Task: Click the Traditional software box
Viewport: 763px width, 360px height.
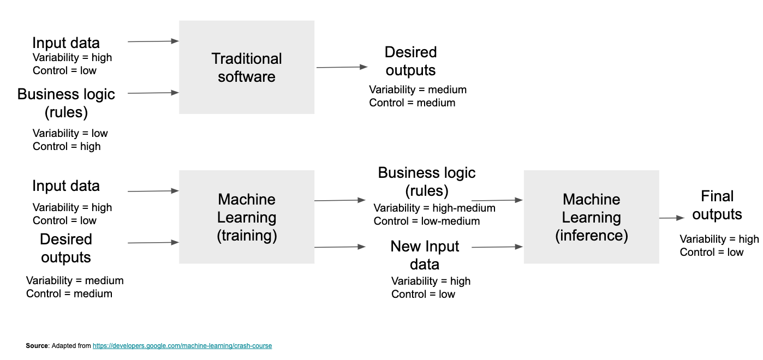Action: click(x=247, y=67)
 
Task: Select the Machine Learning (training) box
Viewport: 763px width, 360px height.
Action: click(x=247, y=217)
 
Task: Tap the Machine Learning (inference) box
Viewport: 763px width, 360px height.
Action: click(x=591, y=217)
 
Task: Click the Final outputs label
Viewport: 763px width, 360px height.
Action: click(x=717, y=205)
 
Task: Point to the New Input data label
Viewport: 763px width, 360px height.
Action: click(x=425, y=255)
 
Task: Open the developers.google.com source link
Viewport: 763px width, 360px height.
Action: click(x=182, y=346)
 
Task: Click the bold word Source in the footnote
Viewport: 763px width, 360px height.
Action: click(x=37, y=346)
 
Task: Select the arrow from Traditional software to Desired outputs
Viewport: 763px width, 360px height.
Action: click(x=342, y=67)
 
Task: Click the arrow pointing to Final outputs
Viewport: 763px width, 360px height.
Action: click(x=671, y=218)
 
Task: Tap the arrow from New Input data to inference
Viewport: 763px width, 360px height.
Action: click(x=497, y=247)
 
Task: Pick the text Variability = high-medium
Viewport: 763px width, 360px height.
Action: click(x=434, y=208)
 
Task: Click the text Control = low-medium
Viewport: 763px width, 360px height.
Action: click(x=427, y=221)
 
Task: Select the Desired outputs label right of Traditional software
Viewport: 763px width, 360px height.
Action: click(x=410, y=61)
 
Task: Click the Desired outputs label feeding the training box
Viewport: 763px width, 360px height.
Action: click(x=66, y=248)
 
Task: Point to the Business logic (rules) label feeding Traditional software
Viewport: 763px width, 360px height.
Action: click(x=66, y=103)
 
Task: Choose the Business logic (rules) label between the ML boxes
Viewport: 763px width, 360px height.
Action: click(x=427, y=182)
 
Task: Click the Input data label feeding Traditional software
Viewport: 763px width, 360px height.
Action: click(x=66, y=43)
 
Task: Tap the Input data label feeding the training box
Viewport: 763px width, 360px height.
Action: click(x=66, y=186)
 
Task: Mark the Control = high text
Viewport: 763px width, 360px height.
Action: click(x=67, y=146)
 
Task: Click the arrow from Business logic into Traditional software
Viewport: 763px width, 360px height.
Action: click(x=153, y=93)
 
